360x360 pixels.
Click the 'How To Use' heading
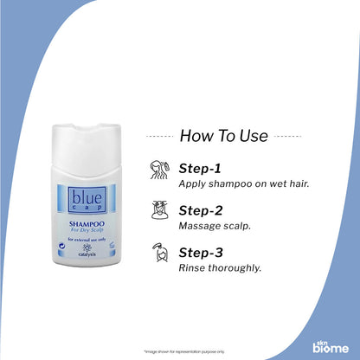tap(224, 135)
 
